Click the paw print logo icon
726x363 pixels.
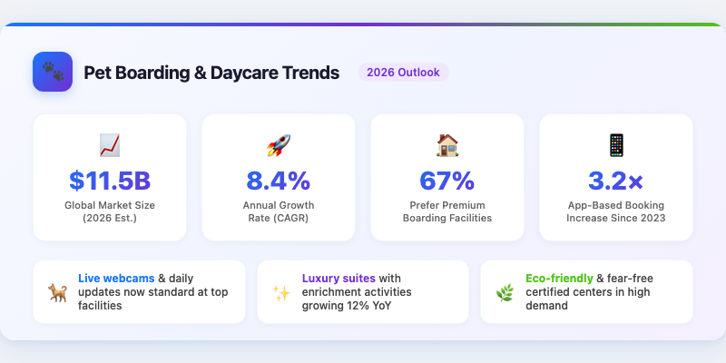[53, 72]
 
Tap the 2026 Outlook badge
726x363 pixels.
[402, 73]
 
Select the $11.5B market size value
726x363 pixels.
[110, 180]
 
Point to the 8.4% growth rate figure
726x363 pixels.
[278, 180]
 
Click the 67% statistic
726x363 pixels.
[446, 180]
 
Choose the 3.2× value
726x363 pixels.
[615, 180]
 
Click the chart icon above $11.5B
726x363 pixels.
[110, 144]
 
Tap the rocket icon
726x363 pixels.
[278, 144]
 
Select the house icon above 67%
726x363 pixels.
[446, 144]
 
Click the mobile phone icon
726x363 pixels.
[615, 144]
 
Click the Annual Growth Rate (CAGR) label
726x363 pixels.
[278, 211]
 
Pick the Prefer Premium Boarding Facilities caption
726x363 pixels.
[446, 211]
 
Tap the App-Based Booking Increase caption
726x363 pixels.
[615, 211]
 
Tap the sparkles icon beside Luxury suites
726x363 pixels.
[281, 292]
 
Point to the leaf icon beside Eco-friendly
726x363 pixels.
[505, 292]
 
